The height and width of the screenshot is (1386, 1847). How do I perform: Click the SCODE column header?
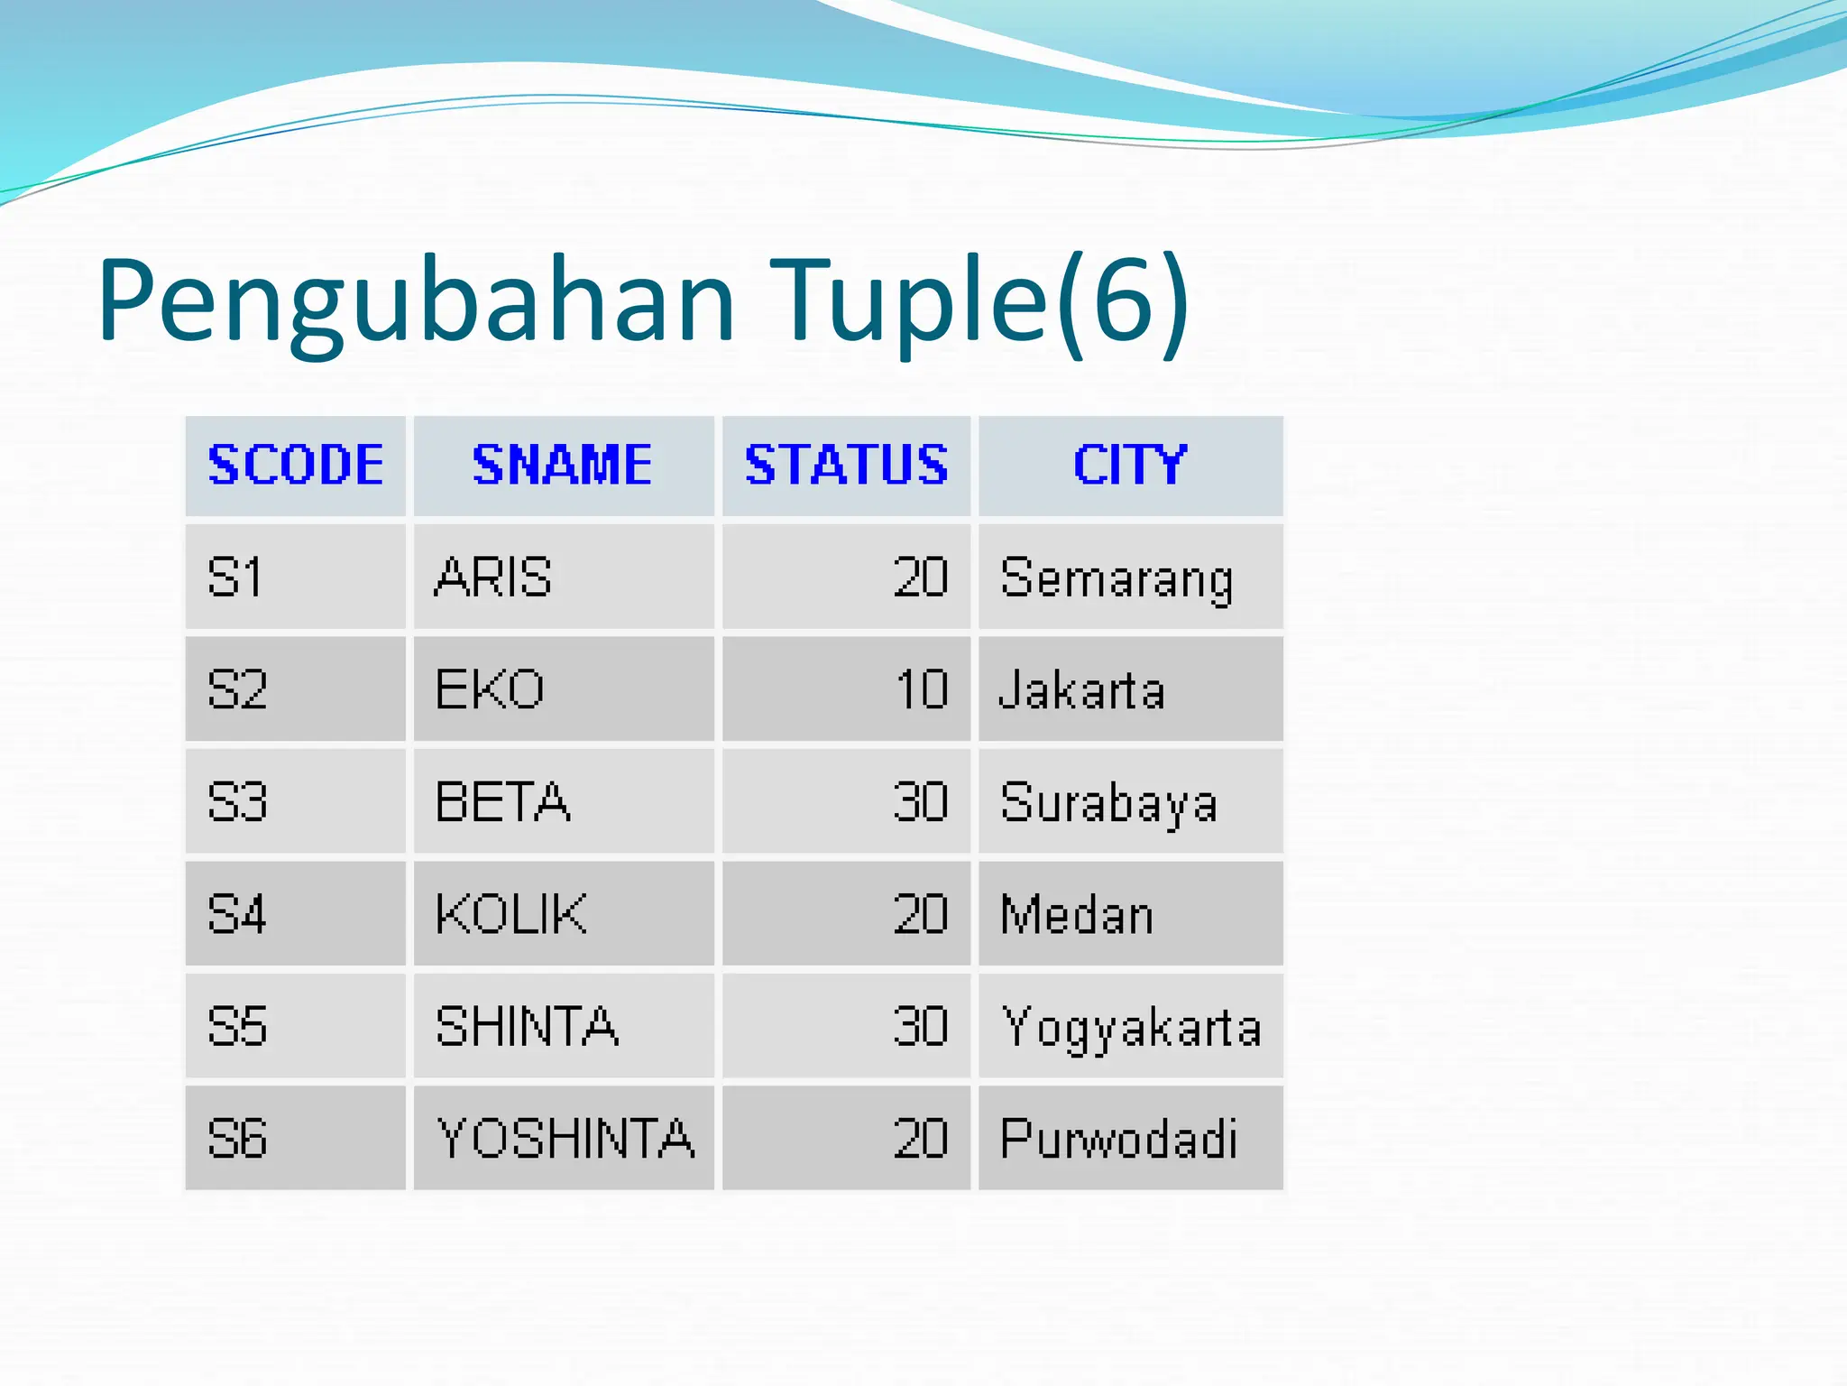tap(296, 466)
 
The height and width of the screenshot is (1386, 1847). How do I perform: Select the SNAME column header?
tap(563, 466)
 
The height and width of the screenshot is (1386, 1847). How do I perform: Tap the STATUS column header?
tap(846, 466)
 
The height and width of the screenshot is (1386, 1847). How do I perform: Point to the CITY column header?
tap(1130, 466)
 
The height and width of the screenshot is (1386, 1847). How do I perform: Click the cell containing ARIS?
tap(493, 577)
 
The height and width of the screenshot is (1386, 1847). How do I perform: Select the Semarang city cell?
tap(1116, 577)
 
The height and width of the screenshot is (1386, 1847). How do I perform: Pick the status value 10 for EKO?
tap(921, 690)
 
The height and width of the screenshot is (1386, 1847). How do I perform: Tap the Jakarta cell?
tap(1082, 690)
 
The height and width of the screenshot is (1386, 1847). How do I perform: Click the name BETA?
tap(502, 802)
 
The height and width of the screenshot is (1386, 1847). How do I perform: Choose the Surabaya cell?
tap(1108, 802)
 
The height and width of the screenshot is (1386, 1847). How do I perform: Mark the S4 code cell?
tap(237, 914)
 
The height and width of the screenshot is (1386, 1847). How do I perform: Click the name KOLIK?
tap(510, 914)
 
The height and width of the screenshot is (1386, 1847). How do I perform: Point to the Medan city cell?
tap(1077, 914)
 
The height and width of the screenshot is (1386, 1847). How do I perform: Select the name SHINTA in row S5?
tap(527, 1026)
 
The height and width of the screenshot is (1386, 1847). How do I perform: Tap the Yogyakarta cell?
tap(1131, 1026)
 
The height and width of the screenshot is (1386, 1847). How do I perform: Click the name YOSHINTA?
tap(565, 1138)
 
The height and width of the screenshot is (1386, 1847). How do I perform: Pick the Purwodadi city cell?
tap(1118, 1138)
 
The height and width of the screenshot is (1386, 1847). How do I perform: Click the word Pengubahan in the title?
tap(417, 302)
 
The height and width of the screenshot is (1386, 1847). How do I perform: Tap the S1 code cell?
tap(234, 577)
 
